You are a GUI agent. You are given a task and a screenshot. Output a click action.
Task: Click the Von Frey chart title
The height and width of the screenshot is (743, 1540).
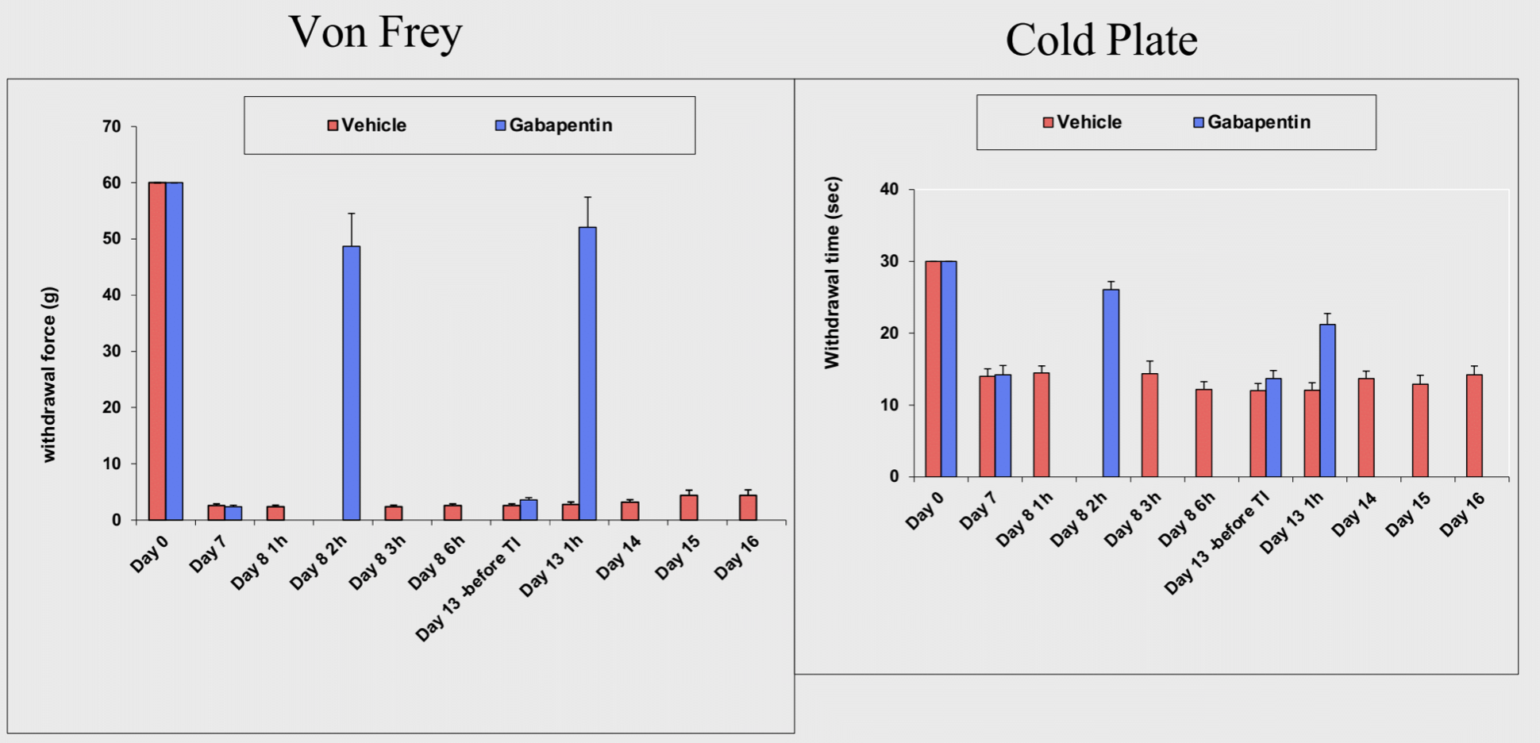point(375,33)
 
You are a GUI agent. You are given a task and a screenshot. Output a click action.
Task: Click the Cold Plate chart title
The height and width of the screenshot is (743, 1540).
point(1101,40)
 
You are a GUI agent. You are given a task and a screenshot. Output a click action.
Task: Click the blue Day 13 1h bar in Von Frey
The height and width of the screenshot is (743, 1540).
point(587,373)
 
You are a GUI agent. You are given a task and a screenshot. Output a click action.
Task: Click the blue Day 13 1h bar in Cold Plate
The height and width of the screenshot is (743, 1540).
point(1327,400)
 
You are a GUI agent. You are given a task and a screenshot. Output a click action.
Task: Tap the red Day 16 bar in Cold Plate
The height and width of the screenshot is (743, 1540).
point(1474,425)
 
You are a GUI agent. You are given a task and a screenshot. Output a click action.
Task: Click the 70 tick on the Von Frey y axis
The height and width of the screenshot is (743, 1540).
point(112,127)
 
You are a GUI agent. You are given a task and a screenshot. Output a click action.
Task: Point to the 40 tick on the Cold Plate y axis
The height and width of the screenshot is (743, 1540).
point(889,190)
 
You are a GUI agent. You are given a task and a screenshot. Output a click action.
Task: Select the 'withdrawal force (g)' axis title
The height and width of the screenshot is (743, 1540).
point(49,374)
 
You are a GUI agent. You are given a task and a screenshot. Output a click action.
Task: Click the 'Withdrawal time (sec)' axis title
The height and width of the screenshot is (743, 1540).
point(832,272)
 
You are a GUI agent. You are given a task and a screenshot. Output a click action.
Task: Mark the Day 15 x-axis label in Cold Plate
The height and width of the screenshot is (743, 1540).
point(1408,514)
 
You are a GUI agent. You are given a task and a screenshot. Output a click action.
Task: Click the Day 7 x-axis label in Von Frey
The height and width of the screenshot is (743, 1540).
point(208,554)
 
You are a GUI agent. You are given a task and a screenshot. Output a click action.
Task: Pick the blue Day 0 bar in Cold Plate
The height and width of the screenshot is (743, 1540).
point(949,368)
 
